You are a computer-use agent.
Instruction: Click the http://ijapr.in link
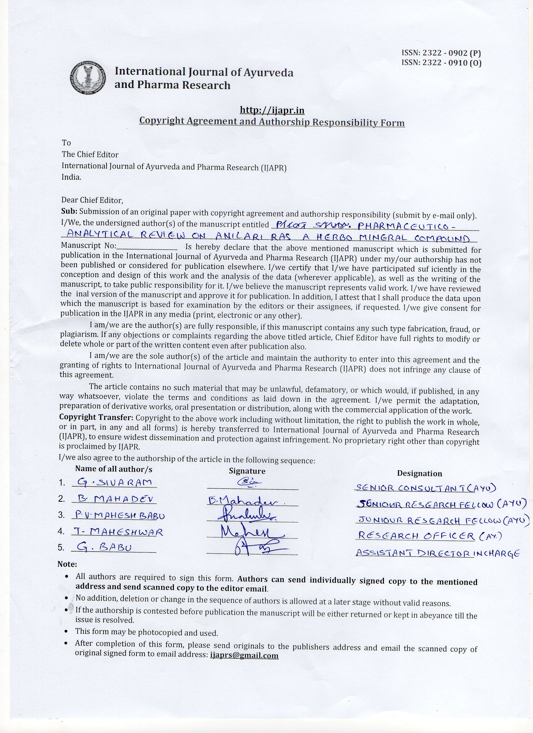tap(272, 111)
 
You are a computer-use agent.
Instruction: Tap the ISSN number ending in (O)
tap(441, 63)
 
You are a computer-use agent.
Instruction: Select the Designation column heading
tap(420, 474)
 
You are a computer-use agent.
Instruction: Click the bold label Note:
tap(67, 564)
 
